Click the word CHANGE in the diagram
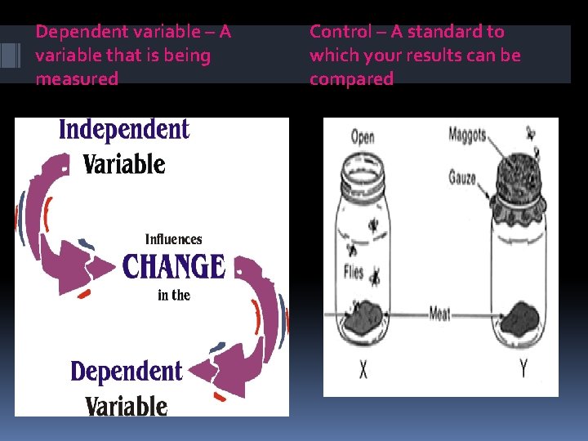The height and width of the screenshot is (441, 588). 173,266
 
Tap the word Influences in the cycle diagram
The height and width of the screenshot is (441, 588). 173,239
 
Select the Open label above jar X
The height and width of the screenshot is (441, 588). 363,136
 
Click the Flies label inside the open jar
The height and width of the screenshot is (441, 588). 353,272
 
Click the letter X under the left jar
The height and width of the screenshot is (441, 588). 363,370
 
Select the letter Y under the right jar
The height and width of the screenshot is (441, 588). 523,370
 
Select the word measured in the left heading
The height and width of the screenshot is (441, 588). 77,79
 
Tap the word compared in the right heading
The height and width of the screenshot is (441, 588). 351,79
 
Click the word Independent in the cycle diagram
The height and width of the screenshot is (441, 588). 123,129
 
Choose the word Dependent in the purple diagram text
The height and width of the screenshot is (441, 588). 126,372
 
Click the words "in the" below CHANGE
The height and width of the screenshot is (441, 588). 173,295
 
